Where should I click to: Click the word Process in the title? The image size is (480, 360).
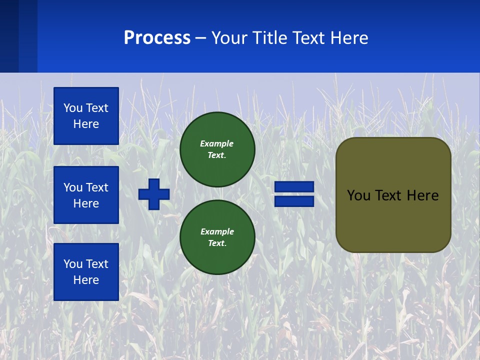pyautogui.click(x=157, y=38)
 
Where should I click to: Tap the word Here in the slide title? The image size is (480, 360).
pyautogui.click(x=349, y=38)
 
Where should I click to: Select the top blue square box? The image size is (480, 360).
pyautogui.click(x=86, y=116)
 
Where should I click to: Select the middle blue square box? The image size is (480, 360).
pyautogui.click(x=86, y=195)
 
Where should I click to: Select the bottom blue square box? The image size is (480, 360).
pyautogui.click(x=86, y=272)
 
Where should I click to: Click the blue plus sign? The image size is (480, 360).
pyautogui.click(x=154, y=194)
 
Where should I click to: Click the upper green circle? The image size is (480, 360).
pyautogui.click(x=217, y=149)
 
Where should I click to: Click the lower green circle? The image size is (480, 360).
pyautogui.click(x=217, y=237)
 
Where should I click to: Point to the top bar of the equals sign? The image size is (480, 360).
pyautogui.click(x=294, y=187)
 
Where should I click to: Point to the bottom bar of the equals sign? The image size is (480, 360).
pyautogui.click(x=294, y=201)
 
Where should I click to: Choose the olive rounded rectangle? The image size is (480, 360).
pyautogui.click(x=393, y=220)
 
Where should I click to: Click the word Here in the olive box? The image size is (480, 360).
pyautogui.click(x=422, y=195)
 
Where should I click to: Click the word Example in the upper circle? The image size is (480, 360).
pyautogui.click(x=216, y=143)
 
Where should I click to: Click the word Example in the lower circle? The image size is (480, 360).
pyautogui.click(x=217, y=231)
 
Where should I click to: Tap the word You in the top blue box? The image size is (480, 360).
pyautogui.click(x=73, y=108)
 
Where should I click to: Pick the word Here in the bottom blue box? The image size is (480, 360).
pyautogui.click(x=86, y=280)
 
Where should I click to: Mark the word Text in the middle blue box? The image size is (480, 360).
pyautogui.click(x=97, y=187)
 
